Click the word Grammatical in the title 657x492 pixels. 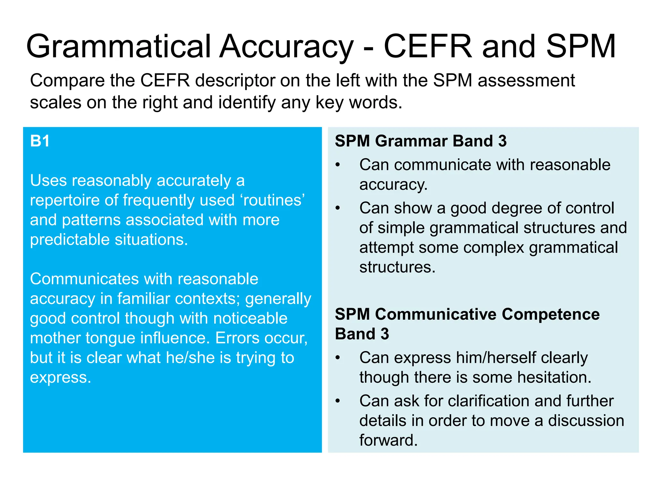point(119,47)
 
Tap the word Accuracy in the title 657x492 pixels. point(286,47)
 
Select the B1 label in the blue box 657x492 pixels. point(40,141)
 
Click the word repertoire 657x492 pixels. point(64,201)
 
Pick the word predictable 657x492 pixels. point(70,240)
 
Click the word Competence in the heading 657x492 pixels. point(550,314)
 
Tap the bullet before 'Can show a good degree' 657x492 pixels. point(337,208)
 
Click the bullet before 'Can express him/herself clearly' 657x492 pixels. point(337,358)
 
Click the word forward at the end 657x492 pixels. point(388,440)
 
